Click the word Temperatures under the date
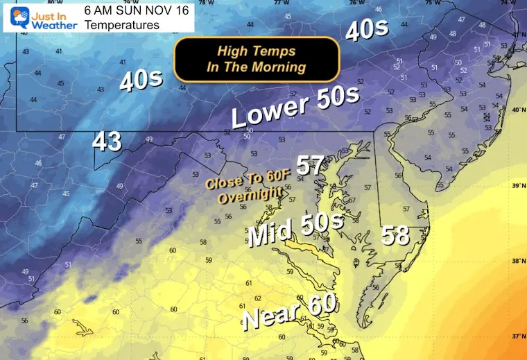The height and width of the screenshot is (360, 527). point(122,25)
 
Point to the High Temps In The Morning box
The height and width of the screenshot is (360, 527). point(257,59)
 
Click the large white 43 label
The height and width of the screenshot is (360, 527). point(107,142)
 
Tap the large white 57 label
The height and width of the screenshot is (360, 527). point(311,166)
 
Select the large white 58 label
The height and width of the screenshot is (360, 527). point(395,236)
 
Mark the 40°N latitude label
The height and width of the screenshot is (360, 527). point(516,112)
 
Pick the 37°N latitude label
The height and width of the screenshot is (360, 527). point(516,336)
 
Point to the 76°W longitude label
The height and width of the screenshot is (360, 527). point(356,3)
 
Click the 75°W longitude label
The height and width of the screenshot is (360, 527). point(431,3)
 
